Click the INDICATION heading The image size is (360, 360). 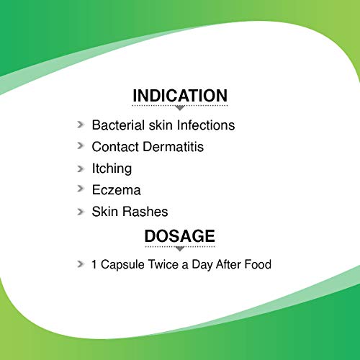(180, 96)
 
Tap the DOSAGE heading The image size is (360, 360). (180, 236)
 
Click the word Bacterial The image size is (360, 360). (118, 125)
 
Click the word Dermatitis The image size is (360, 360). (174, 147)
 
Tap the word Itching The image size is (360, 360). (112, 168)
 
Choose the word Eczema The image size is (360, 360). (117, 190)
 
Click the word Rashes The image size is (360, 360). (146, 212)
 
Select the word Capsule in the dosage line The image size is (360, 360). (122, 264)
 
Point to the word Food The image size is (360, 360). (258, 264)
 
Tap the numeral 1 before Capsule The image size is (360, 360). (94, 264)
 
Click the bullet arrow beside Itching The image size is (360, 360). (81, 168)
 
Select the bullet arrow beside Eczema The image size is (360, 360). (81, 189)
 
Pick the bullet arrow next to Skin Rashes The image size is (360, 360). (81, 212)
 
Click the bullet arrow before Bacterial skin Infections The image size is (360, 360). (81, 125)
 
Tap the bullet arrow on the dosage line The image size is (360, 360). (81, 264)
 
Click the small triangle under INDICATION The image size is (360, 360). (180, 108)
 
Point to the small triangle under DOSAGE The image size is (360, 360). (180, 248)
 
